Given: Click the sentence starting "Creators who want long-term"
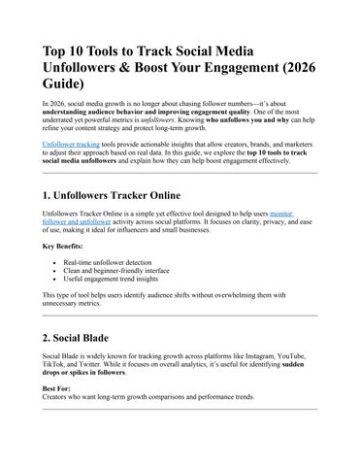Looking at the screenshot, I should coord(141,397).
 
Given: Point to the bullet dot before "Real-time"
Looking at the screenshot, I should coord(50,263).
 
